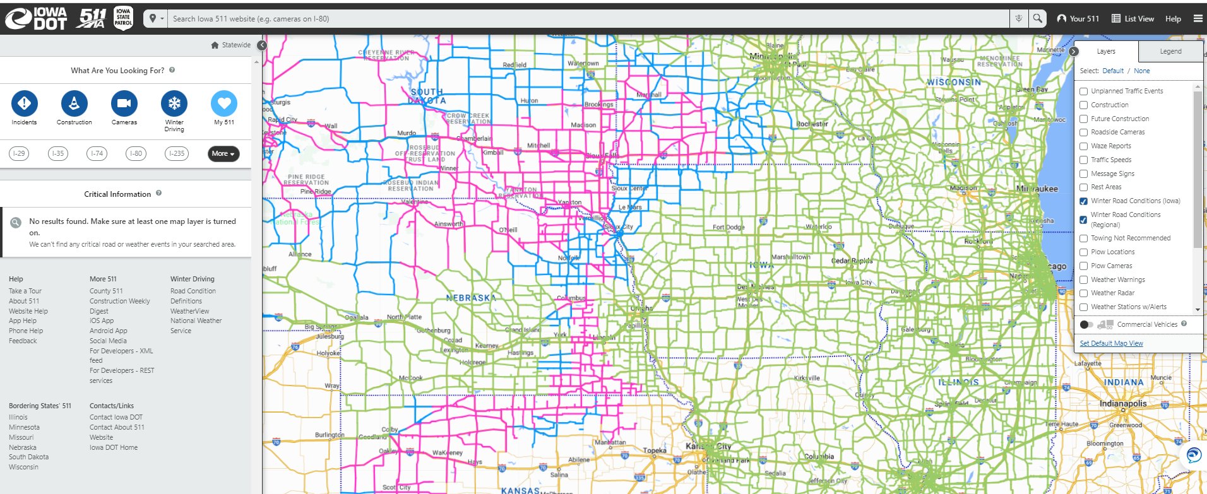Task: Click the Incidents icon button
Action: point(24,103)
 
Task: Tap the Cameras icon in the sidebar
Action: point(124,103)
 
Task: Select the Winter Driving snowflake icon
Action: point(174,103)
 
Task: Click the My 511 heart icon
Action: point(223,103)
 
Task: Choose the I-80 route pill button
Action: point(136,153)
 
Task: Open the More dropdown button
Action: point(223,153)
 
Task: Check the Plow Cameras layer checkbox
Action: point(1083,266)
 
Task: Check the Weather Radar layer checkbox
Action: point(1083,293)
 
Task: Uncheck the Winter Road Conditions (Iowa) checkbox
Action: point(1083,201)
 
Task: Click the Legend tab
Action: point(1170,52)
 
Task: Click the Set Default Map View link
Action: point(1111,343)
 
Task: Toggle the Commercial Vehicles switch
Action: point(1086,324)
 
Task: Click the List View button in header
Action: point(1133,19)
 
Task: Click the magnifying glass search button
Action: point(1037,19)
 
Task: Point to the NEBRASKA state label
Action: point(470,298)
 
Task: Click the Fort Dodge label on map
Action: point(728,227)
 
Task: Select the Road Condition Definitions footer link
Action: point(193,296)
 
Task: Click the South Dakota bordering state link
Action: point(28,457)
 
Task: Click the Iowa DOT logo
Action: point(37,19)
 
